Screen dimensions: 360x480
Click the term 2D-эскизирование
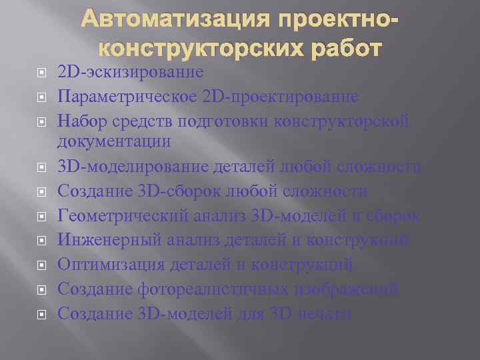(x=131, y=71)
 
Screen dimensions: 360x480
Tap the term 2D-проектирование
(x=280, y=97)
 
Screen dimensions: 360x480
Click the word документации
(x=114, y=141)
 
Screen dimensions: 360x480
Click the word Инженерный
(x=105, y=240)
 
